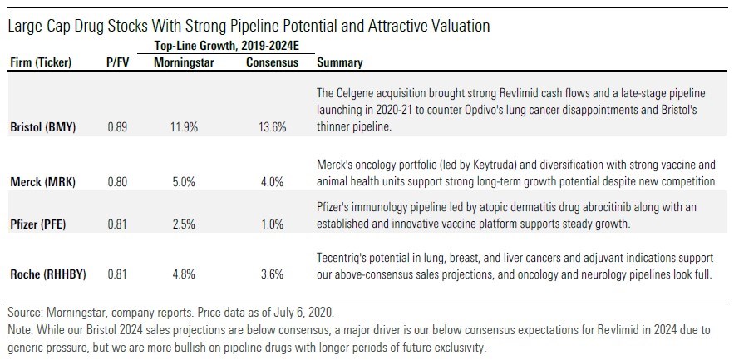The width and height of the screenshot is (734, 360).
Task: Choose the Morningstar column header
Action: [x=186, y=62]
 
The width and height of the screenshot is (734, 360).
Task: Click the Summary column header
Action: [x=340, y=62]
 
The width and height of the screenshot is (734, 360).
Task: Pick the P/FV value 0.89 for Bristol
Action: [x=118, y=127]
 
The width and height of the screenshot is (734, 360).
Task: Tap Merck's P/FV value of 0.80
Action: [x=118, y=182]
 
